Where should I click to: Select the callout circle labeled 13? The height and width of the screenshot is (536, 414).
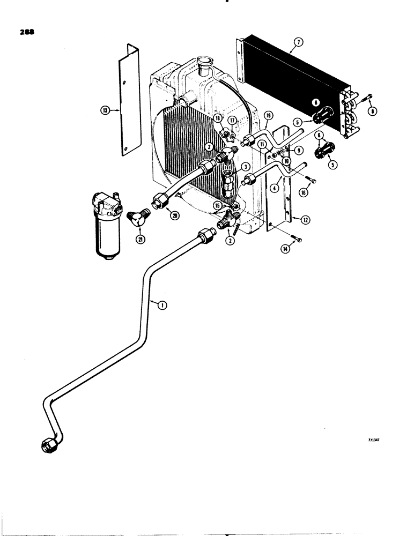(x=105, y=110)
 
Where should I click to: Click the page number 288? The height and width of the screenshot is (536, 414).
(x=27, y=32)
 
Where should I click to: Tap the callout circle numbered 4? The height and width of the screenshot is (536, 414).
(x=274, y=188)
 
